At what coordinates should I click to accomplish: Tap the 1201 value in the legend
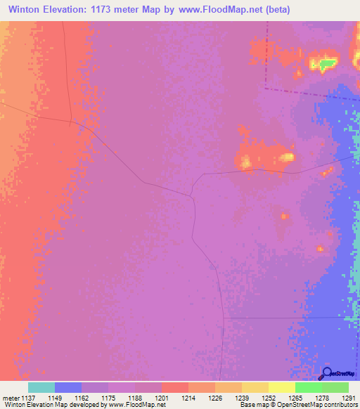click(161, 398)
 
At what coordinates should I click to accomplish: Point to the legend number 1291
click(349, 398)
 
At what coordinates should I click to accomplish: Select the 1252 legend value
click(268, 398)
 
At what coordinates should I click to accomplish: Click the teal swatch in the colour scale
click(41, 387)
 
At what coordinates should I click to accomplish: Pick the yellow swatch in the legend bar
click(281, 387)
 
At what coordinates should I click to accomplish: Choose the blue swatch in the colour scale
click(67, 387)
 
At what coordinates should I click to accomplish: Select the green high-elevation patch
click(326, 64)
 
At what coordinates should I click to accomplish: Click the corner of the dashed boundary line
click(266, 89)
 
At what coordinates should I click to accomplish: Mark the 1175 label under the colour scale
click(108, 398)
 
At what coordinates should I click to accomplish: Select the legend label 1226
click(214, 398)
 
